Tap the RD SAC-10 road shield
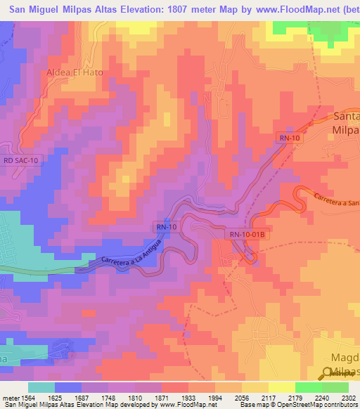[x=22, y=160]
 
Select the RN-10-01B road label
[x=246, y=235]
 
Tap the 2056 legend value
[x=242, y=397]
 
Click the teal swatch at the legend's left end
[x=41, y=387]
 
